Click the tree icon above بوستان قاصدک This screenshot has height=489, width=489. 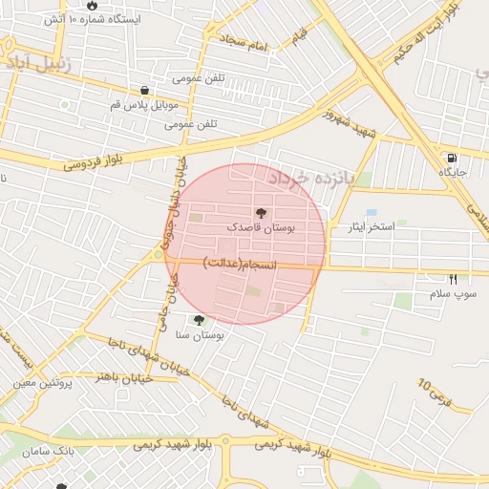(261, 212)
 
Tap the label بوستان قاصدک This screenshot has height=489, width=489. (261, 228)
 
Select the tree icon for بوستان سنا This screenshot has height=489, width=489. (199, 321)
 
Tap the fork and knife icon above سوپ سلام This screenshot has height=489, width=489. (453, 279)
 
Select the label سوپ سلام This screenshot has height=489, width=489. (453, 294)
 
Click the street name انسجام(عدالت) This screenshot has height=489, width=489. (240, 263)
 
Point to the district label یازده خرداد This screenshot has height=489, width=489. (311, 179)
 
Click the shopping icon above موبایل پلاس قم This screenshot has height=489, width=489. (144, 90)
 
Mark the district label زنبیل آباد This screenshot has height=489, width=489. (38, 64)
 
